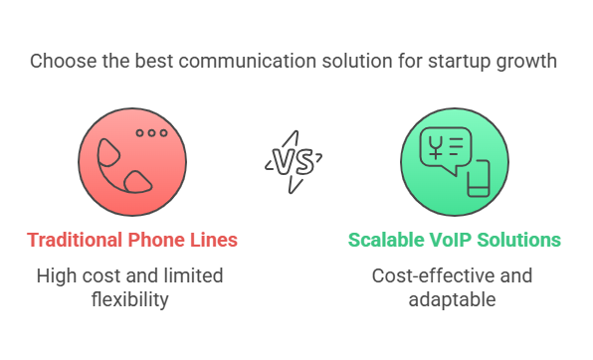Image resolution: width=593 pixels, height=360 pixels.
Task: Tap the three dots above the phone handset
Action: pos(151,133)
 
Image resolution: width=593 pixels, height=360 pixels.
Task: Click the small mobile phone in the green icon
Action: pos(479,180)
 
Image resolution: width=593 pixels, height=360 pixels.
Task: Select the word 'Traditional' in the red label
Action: pos(76,241)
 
